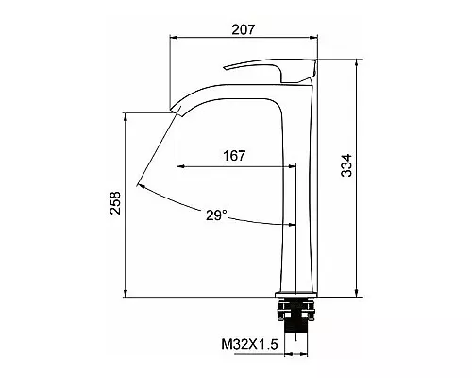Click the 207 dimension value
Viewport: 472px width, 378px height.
[x=244, y=30]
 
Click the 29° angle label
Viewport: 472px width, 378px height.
[x=216, y=215]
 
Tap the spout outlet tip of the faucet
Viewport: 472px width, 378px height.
[x=175, y=111]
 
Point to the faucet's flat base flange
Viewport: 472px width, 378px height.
[x=297, y=293]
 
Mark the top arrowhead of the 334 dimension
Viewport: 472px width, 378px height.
[x=356, y=64]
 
